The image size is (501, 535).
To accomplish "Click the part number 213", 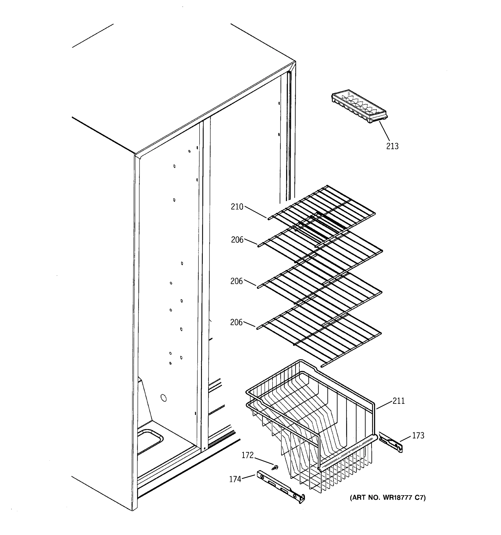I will pos(392,146).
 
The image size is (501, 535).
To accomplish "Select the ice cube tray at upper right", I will pos(359,107).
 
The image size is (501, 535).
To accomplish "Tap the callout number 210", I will pos(237,207).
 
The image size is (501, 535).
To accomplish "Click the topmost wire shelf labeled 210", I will pos(322,210).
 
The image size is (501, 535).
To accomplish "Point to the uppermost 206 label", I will pos(237,239).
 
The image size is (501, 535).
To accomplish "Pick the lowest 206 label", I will pos(236,322).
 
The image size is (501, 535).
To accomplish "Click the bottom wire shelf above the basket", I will pos(320,336).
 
